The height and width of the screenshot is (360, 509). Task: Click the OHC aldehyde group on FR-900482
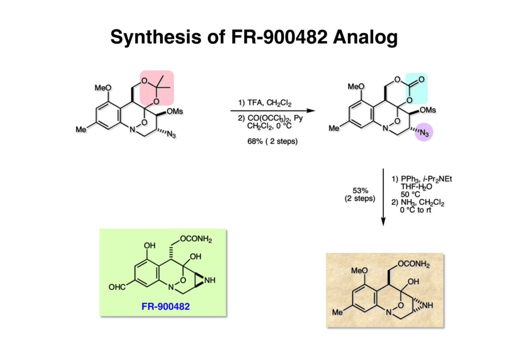pyautogui.click(x=118, y=287)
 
